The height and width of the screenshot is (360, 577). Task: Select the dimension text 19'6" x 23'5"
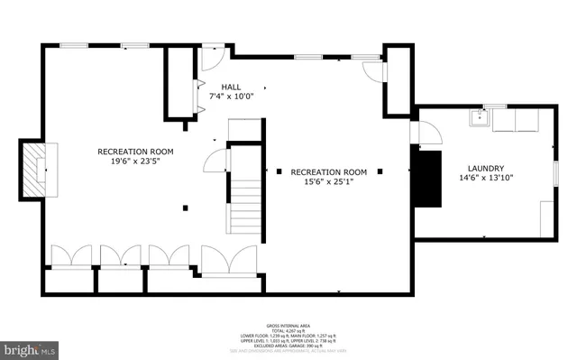[x=135, y=163]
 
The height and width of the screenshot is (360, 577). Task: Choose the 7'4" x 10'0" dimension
[x=232, y=96]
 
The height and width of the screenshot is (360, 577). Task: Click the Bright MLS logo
[x=30, y=346]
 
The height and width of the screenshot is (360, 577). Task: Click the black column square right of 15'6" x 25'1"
[x=380, y=171]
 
